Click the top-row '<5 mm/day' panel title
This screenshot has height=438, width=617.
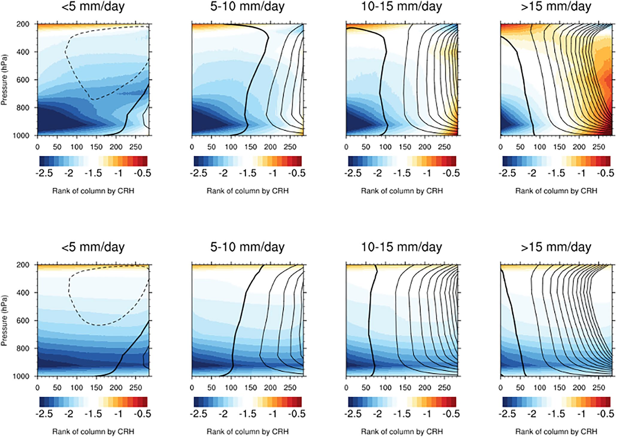tap(93, 7)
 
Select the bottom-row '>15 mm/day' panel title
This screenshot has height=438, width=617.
tap(556, 247)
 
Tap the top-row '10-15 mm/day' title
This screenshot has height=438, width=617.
tap(401, 7)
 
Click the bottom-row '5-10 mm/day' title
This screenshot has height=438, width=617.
tap(247, 247)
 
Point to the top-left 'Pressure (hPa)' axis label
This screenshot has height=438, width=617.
tap(4, 80)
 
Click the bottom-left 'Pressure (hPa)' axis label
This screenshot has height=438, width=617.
tap(4, 320)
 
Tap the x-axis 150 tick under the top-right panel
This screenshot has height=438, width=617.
tap(559, 147)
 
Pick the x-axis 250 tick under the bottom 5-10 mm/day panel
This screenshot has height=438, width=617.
tap(290, 388)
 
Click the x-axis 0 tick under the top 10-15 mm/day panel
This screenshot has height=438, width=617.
tap(346, 147)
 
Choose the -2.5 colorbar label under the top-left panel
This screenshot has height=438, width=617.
tap(44, 173)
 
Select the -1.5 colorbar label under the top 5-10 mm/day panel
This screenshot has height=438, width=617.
tap(248, 173)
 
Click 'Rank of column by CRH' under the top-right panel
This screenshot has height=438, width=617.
tap(556, 191)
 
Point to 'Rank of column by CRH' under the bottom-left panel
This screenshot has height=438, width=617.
tap(93, 431)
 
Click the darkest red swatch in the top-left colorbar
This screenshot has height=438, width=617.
tap(145, 161)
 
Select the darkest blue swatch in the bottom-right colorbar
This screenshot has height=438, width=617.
tap(505, 402)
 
